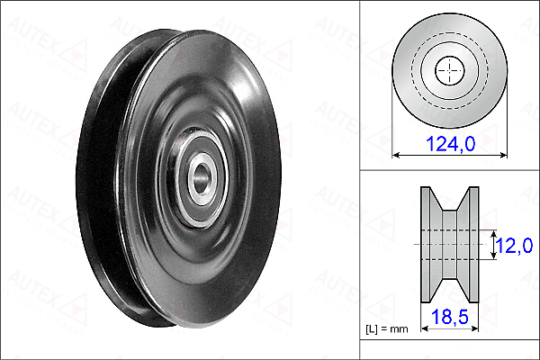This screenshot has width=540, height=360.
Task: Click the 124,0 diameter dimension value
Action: click(x=451, y=143)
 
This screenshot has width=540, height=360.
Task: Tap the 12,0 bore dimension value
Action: click(x=515, y=246)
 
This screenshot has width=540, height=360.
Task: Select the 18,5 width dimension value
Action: click(x=450, y=317)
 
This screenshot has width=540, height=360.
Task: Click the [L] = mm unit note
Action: click(x=387, y=329)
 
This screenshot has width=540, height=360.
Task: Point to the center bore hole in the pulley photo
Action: click(x=201, y=178)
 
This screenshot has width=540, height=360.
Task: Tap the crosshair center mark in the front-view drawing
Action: click(x=450, y=70)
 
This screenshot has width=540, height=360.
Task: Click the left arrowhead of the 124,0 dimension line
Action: click(x=396, y=156)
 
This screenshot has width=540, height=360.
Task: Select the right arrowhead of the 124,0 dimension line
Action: click(x=503, y=156)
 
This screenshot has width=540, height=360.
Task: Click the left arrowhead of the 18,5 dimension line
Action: click(x=425, y=328)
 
